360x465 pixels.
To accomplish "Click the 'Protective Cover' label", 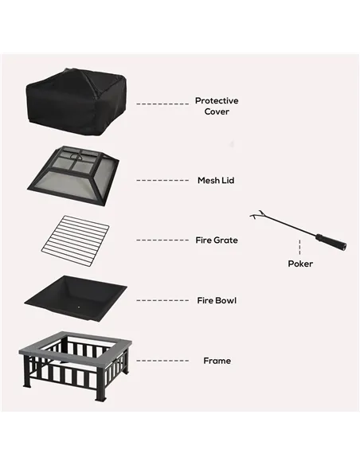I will pos(216,106).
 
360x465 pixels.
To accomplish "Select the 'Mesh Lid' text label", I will pos(216,181).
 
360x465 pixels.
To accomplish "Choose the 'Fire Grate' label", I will pos(217,240).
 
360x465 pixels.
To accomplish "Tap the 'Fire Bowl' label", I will pos(217,300).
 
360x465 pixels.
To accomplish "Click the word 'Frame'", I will pos(217,361).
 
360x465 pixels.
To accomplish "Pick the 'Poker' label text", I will pos(300,264).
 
